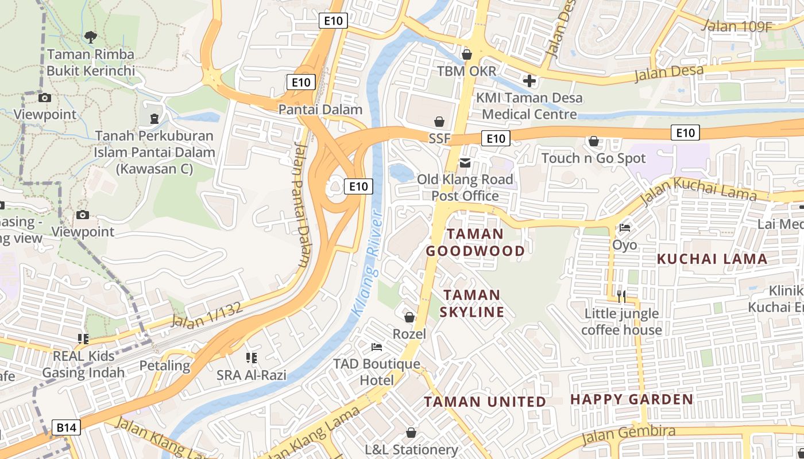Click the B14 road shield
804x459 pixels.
[67, 427]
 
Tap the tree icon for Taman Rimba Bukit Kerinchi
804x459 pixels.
[90, 38]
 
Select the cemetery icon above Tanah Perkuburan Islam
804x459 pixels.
[154, 119]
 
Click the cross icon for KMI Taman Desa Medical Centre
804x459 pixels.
[529, 81]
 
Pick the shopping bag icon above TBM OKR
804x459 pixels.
[467, 55]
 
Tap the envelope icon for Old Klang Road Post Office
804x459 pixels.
[465, 163]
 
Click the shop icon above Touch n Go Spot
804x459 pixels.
[594, 141]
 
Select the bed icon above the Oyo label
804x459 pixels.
[625, 228]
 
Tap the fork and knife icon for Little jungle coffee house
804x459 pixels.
[621, 297]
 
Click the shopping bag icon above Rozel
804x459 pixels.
[409, 317]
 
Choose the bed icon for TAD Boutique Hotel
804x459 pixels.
[377, 347]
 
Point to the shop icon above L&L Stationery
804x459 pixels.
[411, 433]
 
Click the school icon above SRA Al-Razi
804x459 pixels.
[251, 358]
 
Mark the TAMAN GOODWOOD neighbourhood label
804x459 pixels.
[475, 242]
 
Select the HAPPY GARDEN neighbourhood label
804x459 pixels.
[632, 399]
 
